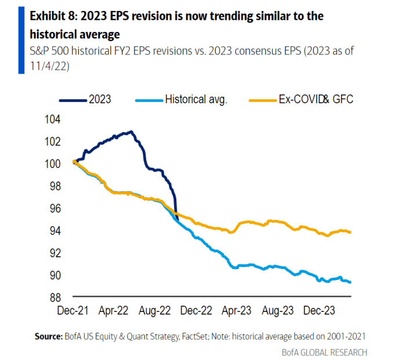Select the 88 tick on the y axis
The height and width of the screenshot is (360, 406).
[x=53, y=297]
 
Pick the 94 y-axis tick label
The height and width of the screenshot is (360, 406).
[x=53, y=231]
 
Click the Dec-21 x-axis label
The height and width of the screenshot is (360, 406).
[x=74, y=310]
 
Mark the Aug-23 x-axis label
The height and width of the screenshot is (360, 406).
[x=277, y=310]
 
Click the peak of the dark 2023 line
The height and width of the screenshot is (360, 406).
[x=131, y=132]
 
